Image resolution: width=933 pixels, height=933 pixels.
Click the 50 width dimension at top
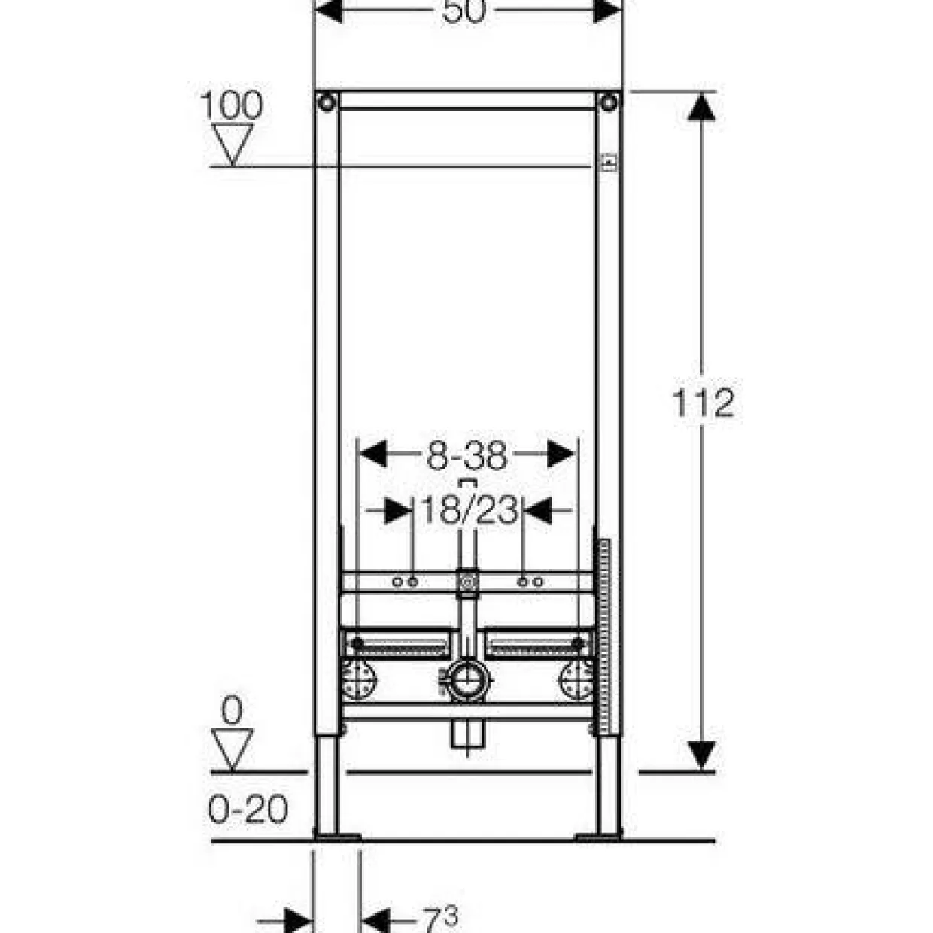click(463, 11)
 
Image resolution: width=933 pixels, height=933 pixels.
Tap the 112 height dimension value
click(703, 403)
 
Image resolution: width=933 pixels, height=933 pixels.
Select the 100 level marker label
click(232, 105)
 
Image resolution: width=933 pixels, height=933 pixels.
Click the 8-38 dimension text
click(466, 456)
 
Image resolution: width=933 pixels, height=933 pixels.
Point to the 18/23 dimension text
click(470, 510)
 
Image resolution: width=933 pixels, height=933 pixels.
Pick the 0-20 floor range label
click(248, 809)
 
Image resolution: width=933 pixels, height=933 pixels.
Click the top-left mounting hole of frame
click(327, 102)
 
